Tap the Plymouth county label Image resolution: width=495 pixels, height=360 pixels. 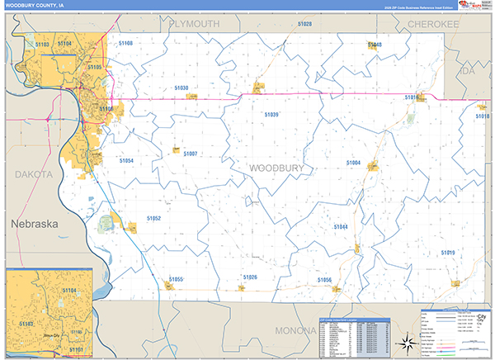(194, 24)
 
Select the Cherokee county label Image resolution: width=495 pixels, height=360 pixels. (433, 25)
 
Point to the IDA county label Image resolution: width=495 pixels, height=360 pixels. (469, 72)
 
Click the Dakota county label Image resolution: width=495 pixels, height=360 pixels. (33, 174)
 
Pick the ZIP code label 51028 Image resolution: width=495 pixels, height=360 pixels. (304, 25)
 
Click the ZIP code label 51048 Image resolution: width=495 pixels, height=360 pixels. (375, 45)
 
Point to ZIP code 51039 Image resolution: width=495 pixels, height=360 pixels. (271, 115)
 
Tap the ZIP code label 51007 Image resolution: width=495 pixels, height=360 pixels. (191, 154)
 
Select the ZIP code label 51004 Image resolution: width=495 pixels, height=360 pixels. (353, 163)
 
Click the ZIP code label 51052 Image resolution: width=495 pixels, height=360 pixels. (153, 218)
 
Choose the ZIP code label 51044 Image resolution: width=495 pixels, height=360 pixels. (341, 226)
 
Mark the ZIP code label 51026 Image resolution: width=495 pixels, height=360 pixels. (251, 277)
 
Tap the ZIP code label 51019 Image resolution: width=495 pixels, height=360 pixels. (447, 253)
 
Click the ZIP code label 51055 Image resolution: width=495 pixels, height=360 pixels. (176, 280)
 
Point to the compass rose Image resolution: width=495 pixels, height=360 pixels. (405, 343)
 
